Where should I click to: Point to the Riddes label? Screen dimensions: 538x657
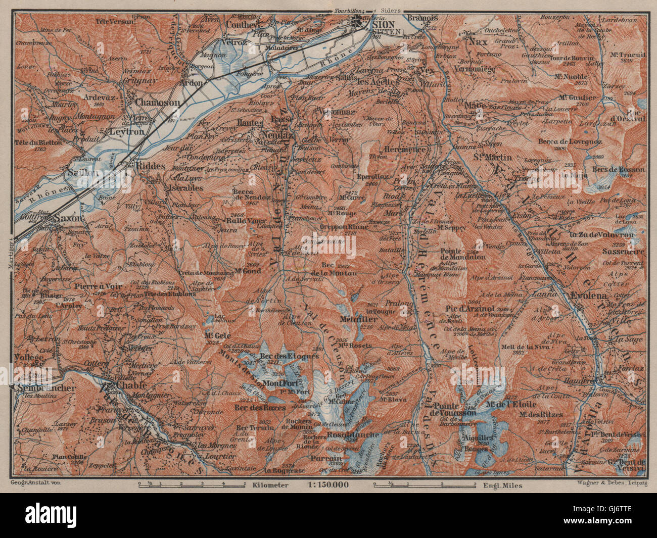(x=147, y=170)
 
